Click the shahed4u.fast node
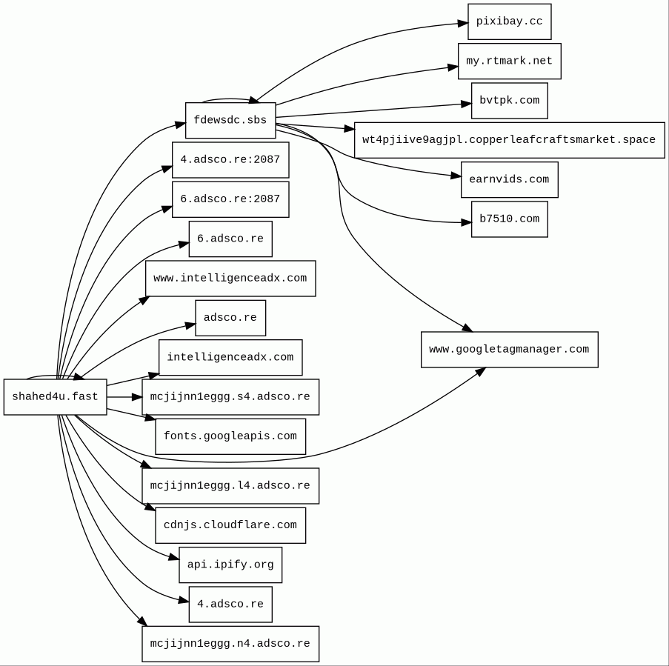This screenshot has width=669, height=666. pos(55,397)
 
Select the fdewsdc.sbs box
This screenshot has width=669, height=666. pos(230,121)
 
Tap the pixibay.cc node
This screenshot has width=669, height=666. pos(509,22)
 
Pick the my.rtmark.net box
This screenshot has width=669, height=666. pos(509,61)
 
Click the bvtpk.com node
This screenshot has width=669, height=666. pos(509,101)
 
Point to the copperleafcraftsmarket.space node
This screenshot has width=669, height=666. pos(509,140)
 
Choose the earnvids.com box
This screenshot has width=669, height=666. pos(509,180)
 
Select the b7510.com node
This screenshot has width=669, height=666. pos(509,219)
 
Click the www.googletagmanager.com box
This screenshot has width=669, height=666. pos(509,350)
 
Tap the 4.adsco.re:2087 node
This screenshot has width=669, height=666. pos(230,160)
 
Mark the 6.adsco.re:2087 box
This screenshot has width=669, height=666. pos(230,199)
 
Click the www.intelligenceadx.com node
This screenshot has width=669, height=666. pos(230,279)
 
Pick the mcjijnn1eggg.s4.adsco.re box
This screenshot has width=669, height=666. pos(230,397)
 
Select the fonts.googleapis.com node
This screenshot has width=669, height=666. pos(230,436)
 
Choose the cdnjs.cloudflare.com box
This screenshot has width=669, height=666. pos(230,525)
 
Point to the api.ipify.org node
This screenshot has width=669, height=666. pos(230,565)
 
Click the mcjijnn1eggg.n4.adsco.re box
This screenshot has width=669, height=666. pos(230,644)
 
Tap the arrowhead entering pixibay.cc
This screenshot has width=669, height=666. pos(463,24)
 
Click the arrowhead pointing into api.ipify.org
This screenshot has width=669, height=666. pos(174,558)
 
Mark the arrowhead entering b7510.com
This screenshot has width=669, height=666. pos(467,222)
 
